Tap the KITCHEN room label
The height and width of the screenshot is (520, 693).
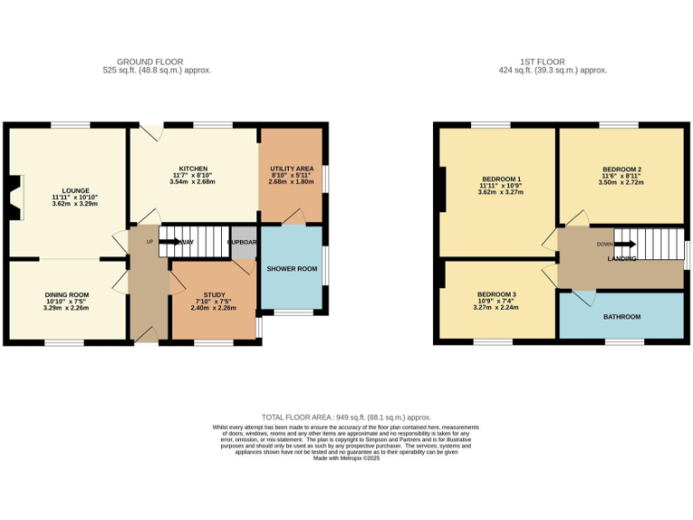tap(193, 169)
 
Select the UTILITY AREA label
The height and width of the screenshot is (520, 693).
tap(291, 169)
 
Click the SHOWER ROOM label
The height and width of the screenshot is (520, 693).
tap(291, 269)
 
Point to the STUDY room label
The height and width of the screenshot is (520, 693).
tap(214, 294)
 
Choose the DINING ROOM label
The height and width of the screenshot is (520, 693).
tap(68, 294)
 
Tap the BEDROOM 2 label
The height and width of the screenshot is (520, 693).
tap(622, 170)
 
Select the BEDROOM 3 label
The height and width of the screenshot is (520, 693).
tap(497, 294)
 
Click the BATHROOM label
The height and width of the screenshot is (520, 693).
tap(622, 317)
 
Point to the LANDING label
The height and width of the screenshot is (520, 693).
tap(622, 259)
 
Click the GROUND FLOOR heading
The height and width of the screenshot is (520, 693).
tap(143, 62)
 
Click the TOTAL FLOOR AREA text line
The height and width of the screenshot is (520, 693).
tap(346, 418)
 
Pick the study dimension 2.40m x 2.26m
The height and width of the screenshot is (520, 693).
tap(214, 308)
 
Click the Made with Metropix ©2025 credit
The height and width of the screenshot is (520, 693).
tap(346, 459)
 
